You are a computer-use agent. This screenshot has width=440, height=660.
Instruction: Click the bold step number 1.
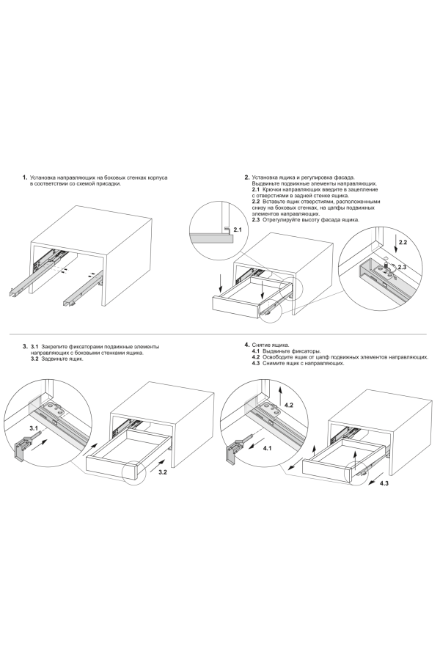pos(25,177)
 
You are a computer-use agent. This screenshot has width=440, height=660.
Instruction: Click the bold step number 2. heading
pos(246,177)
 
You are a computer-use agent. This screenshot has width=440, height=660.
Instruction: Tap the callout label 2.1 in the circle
pos(238,230)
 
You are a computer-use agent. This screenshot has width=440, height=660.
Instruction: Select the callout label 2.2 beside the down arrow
pos(403,242)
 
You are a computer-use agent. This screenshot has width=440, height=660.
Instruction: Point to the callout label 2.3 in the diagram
pos(402,267)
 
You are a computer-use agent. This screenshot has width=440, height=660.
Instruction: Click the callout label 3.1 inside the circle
pos(34,428)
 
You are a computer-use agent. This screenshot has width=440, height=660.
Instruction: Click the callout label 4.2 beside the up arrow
pos(289,405)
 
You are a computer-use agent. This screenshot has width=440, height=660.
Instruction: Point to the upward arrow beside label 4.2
pos(280,398)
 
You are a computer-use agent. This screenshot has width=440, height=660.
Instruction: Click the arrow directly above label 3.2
pos(155,464)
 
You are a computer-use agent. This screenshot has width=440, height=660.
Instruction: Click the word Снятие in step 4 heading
pos(260,345)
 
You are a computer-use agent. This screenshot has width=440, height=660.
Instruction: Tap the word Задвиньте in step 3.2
pos(53,359)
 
